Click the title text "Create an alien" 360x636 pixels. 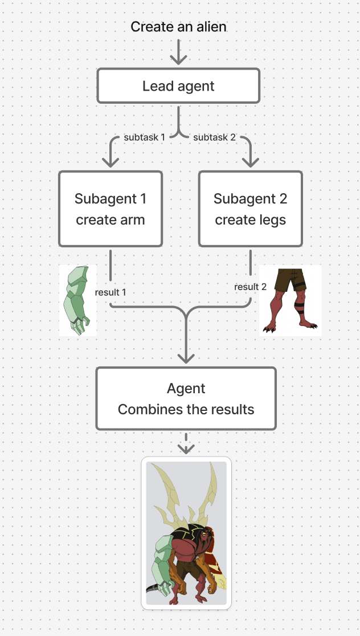179,27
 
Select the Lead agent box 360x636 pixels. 178,87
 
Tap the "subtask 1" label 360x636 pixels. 144,138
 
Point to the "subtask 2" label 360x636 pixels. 214,138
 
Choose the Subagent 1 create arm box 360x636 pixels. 111,209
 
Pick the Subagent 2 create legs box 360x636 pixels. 250,209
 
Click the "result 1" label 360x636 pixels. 111,292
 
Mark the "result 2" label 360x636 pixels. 250,287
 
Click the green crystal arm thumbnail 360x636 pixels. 77,299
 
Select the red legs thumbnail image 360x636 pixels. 291,300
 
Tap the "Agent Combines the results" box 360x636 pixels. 186,398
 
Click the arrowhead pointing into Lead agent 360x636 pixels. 179,60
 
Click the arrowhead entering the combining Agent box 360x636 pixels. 186,357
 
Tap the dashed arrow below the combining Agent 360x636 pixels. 186,443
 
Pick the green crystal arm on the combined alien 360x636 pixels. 160,570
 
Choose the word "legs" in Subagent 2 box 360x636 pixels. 271,220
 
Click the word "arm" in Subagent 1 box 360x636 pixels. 132,220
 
